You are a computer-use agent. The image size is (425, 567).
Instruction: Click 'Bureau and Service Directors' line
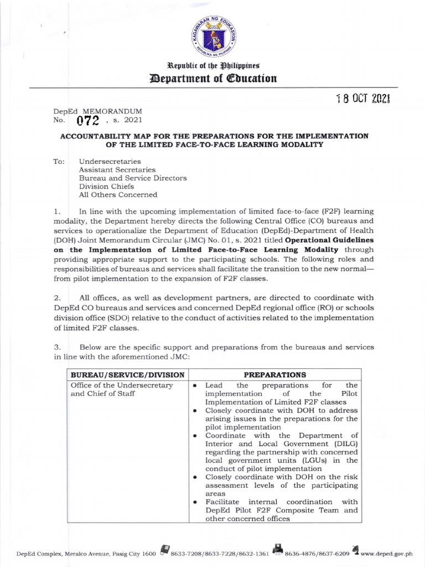(125, 178)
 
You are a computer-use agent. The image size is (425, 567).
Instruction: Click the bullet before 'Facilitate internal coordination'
(195, 502)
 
